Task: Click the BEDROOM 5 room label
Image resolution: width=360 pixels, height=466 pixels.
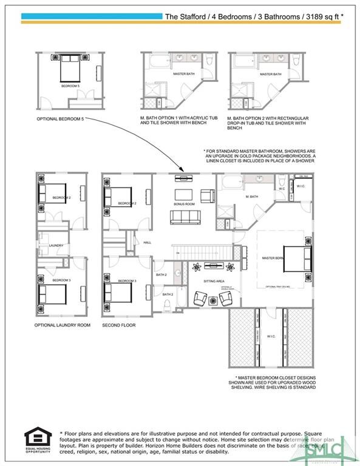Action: point(70,86)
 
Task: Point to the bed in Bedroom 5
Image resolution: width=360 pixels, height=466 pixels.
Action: point(70,68)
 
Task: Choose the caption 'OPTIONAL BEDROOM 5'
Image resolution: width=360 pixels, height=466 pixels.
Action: point(60,119)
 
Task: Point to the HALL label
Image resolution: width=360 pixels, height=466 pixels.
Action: point(147,242)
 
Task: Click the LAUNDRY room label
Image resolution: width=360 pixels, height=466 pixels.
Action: point(56,245)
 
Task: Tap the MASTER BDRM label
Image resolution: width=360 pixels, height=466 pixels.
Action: point(273,258)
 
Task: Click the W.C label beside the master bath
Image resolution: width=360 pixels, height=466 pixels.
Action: point(282,188)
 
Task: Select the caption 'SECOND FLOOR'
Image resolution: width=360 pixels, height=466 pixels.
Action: point(119,325)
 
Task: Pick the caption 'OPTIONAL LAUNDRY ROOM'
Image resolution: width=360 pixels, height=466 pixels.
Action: point(62,325)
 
